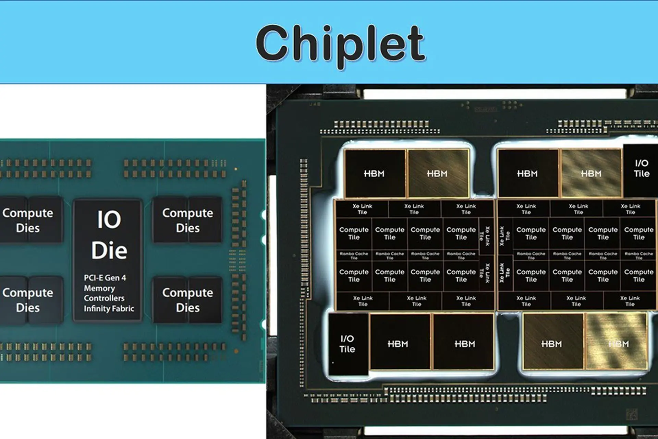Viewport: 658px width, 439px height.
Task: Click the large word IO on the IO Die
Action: tap(109, 219)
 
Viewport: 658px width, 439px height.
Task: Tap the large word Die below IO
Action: tap(109, 250)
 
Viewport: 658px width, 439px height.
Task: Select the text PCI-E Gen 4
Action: tap(105, 278)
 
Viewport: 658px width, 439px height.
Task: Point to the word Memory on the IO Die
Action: tap(99, 288)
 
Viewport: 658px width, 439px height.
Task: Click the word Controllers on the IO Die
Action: tap(104, 298)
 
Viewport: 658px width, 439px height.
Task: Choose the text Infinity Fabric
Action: tap(109, 308)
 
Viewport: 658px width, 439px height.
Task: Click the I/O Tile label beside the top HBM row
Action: tap(641, 168)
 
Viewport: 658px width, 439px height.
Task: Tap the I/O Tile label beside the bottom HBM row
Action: tap(347, 344)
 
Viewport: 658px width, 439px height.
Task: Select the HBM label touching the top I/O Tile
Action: tap(591, 174)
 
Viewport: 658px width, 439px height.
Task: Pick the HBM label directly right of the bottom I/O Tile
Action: tap(398, 344)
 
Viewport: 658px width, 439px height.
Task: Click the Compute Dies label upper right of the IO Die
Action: tap(187, 220)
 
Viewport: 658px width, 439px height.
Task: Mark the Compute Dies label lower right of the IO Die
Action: tap(187, 300)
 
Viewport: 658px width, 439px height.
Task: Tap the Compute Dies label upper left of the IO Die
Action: tap(28, 220)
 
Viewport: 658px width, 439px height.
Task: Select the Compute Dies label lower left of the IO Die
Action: tap(28, 300)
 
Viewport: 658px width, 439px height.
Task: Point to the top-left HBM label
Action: tap(374, 174)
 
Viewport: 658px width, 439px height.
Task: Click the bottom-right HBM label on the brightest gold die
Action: tap(619, 344)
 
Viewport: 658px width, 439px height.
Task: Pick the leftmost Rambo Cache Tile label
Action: tap(354, 256)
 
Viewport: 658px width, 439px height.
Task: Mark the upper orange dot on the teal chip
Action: tap(236, 169)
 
